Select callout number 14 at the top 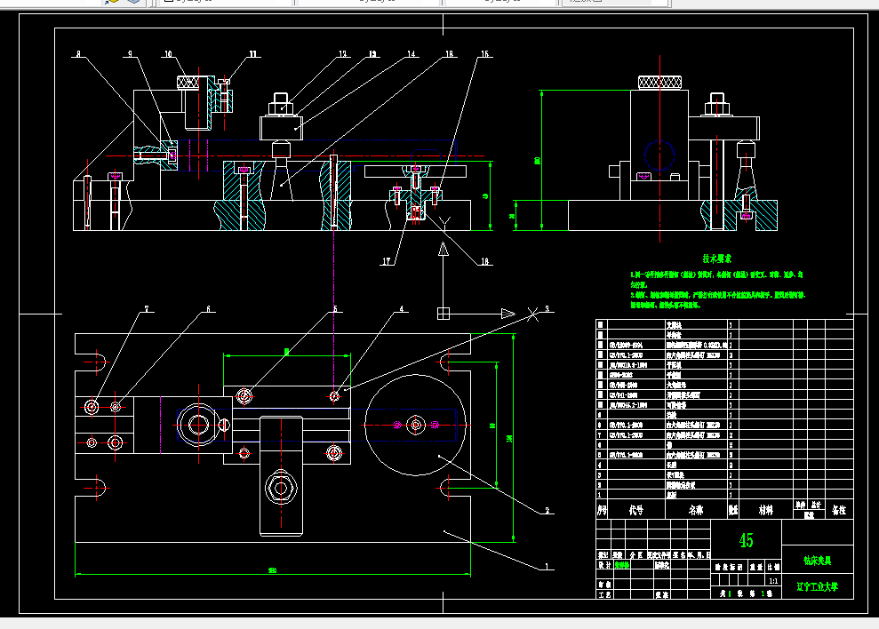click(x=411, y=55)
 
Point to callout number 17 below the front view click(x=387, y=261)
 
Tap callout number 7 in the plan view click(x=148, y=309)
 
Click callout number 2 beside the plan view click(x=547, y=511)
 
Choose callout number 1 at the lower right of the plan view click(x=547, y=565)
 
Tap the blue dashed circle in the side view click(x=659, y=156)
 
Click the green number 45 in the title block click(x=746, y=540)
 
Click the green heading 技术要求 click(x=716, y=258)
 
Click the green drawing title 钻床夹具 click(x=817, y=561)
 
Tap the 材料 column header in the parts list click(x=763, y=511)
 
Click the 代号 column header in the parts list click(x=635, y=511)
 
